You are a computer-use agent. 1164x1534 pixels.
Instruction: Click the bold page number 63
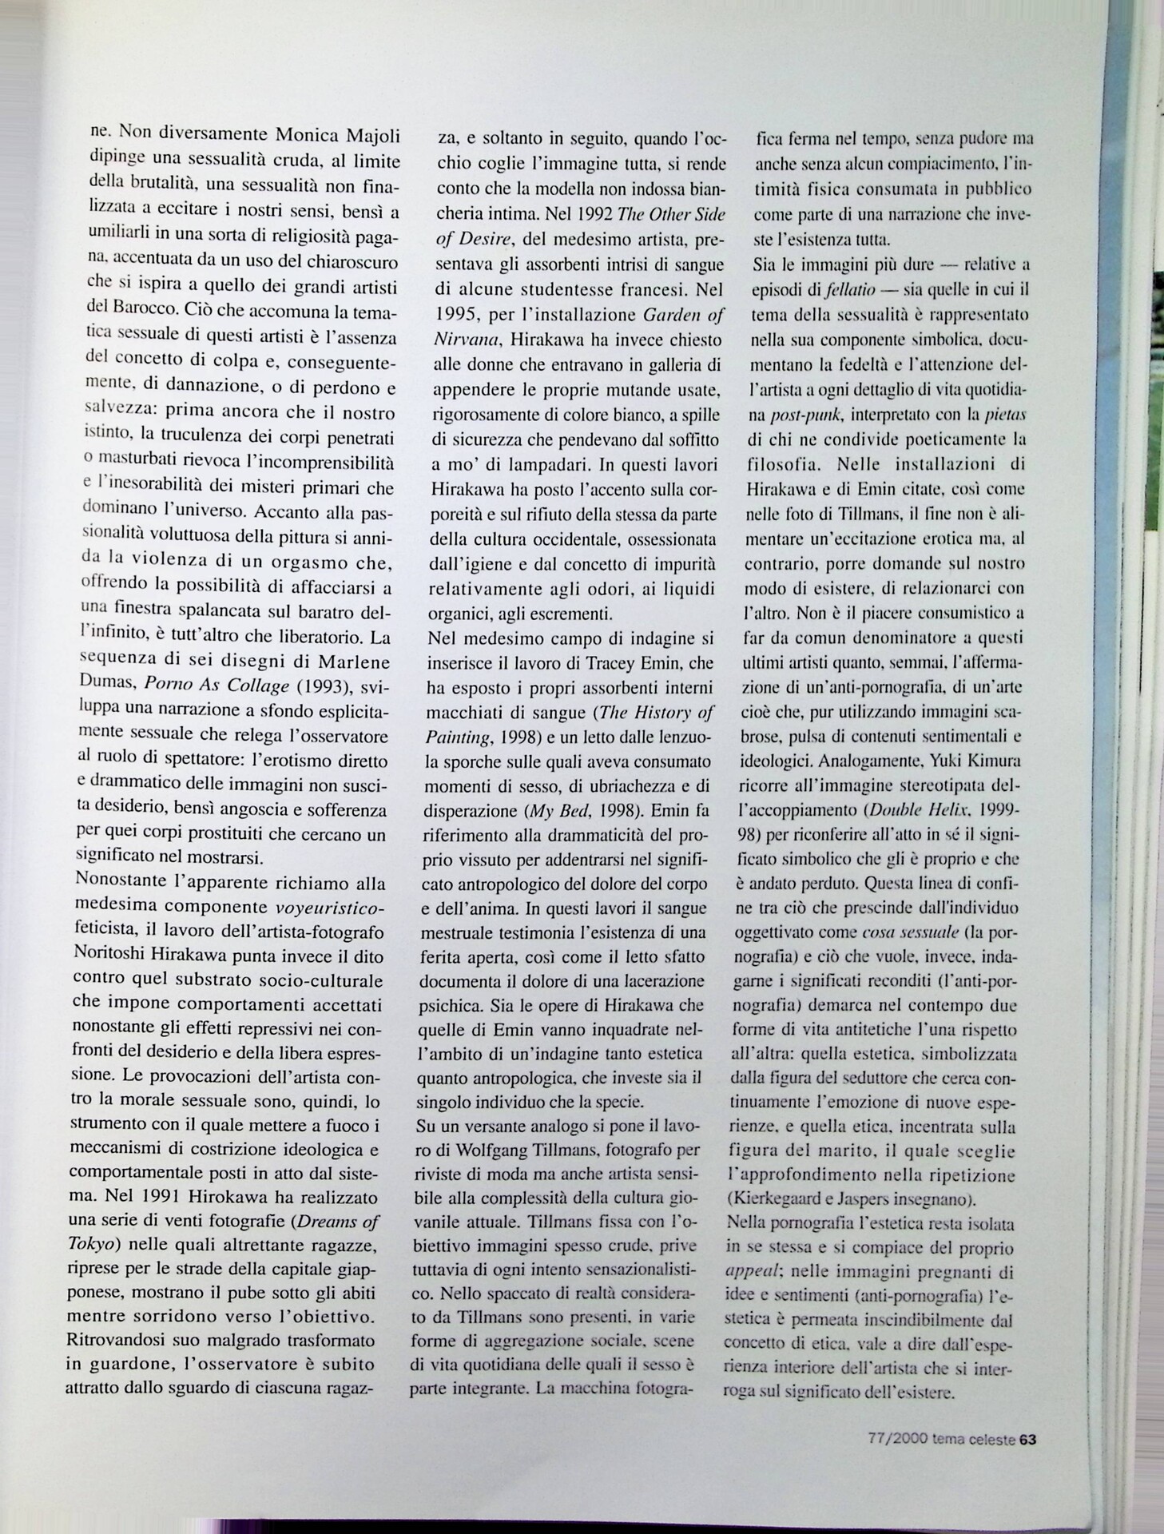tap(1029, 1439)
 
